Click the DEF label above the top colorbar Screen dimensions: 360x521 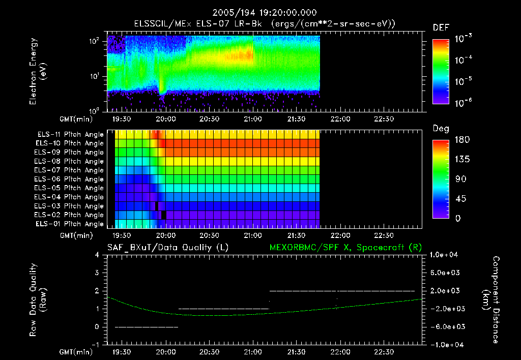click(441, 27)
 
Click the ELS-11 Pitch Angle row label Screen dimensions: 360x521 click(70, 135)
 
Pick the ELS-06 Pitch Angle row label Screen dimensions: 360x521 click(70, 179)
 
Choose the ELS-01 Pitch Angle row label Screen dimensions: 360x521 click(70, 224)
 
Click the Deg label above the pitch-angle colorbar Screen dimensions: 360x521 click(440, 129)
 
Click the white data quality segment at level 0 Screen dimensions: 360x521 click(147, 327)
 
